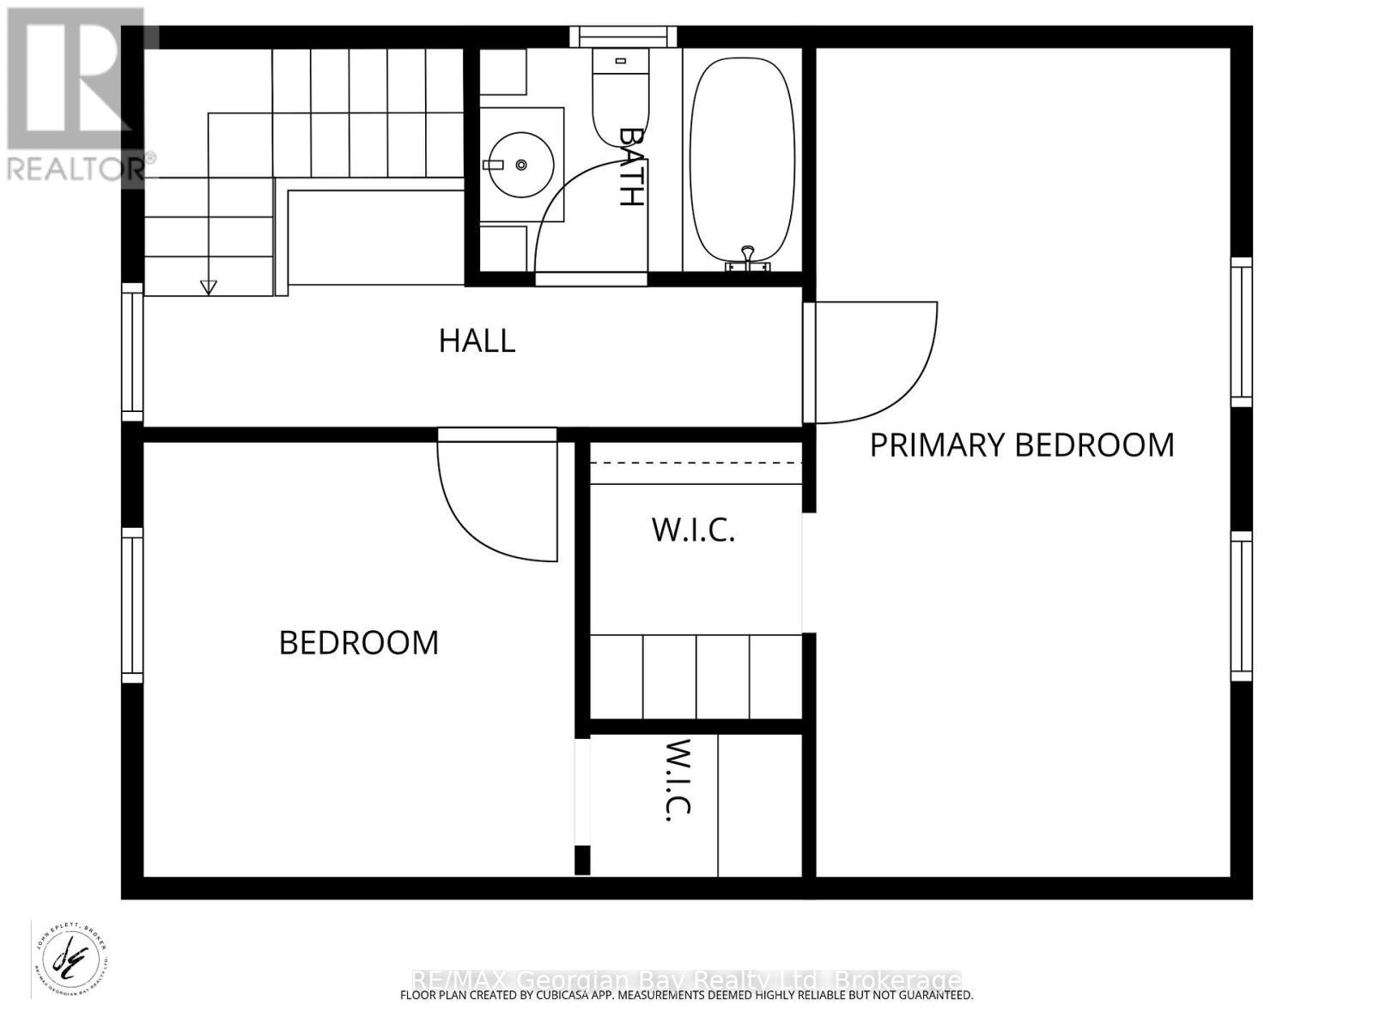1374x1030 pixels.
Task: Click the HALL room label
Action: pos(477,341)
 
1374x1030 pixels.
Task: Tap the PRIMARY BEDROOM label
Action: pos(1021,445)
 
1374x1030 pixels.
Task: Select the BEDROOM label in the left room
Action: pos(359,642)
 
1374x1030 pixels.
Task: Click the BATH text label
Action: pos(631,167)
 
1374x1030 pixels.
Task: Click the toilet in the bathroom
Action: pos(620,94)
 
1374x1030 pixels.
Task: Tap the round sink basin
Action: pos(520,164)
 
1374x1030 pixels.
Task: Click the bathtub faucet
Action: pos(748,256)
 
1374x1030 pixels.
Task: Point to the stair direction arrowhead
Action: pos(208,288)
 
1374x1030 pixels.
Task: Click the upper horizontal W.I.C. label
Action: pos(693,530)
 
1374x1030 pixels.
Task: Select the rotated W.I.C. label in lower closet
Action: pos(678,779)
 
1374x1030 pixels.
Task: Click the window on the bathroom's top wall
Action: pos(624,37)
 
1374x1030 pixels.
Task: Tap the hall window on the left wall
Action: pos(132,352)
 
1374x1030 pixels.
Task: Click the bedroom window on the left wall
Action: pos(132,605)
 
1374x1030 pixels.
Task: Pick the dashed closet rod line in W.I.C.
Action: pos(696,463)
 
